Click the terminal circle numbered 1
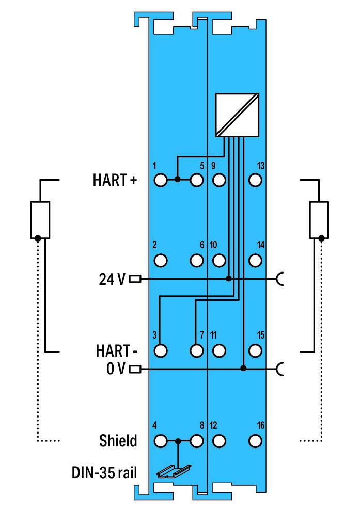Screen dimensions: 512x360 pyautogui.click(x=161, y=180)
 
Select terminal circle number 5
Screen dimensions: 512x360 pyautogui.click(x=196, y=180)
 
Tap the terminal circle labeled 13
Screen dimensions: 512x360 pyautogui.click(x=254, y=180)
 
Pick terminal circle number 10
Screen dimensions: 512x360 pyautogui.click(x=219, y=260)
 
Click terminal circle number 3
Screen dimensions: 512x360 pyautogui.click(x=161, y=350)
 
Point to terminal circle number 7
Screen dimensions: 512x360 pyautogui.click(x=196, y=350)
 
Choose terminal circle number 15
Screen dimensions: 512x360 pyautogui.click(x=254, y=350)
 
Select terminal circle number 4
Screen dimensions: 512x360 pyautogui.click(x=161, y=441)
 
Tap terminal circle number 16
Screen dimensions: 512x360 pyautogui.click(x=254, y=441)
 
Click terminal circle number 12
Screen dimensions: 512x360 pyautogui.click(x=219, y=441)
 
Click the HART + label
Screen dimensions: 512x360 pyautogui.click(x=115, y=181)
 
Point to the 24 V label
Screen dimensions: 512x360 pyautogui.click(x=112, y=279)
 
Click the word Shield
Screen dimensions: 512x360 pyautogui.click(x=118, y=441)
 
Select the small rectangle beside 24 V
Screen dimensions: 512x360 pyautogui.click(x=135, y=279)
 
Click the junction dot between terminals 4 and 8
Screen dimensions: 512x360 pyautogui.click(x=178, y=441)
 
